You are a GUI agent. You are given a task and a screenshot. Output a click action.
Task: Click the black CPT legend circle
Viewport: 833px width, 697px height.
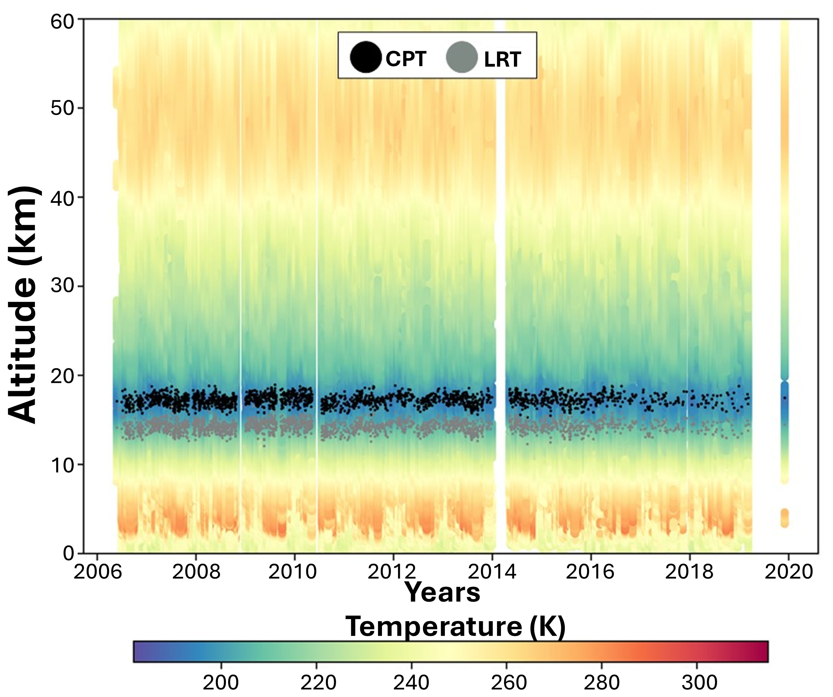[365, 58]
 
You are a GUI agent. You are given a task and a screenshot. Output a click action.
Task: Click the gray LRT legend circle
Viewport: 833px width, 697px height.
[461, 58]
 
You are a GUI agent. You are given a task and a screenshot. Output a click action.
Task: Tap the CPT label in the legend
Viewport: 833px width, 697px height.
[406, 59]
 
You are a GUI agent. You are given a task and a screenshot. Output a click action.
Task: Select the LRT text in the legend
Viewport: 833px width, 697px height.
[502, 59]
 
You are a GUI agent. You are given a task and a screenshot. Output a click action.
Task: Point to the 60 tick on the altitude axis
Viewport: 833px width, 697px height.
[63, 21]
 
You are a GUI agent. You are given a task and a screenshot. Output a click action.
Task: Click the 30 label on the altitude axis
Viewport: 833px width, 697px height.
[63, 286]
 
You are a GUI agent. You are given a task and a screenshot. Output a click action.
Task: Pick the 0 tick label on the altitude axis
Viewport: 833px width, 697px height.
[68, 553]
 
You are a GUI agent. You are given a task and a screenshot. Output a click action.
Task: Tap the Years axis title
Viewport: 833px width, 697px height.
[442, 592]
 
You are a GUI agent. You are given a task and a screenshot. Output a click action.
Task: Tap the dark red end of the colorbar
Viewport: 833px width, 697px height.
[761, 651]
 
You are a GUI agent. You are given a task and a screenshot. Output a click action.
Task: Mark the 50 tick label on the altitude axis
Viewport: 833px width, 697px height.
[63, 108]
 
